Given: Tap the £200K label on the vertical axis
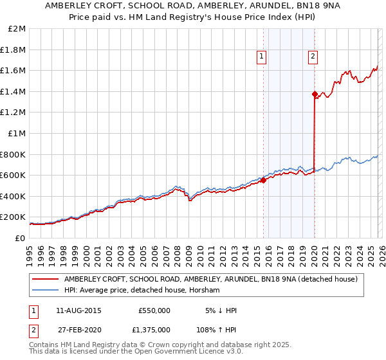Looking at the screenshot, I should pos(13,217).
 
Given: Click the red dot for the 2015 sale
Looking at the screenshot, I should pos(263,180).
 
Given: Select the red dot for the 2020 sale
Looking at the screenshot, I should pos(315,94).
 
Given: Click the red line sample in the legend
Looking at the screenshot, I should pos(46,279).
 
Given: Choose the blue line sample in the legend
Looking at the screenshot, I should pos(46,290).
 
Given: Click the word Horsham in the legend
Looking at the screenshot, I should pos(205,290).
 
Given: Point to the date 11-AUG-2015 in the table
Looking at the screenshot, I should pos(78,310).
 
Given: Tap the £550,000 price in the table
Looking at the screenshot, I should pos(154,310).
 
